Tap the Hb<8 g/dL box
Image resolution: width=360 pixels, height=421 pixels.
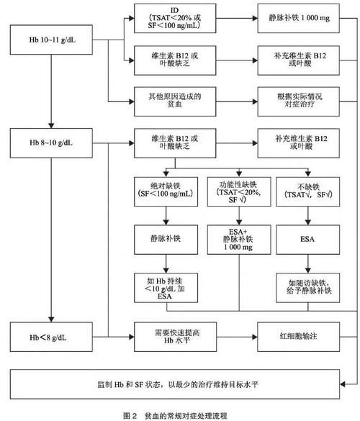point(50,336)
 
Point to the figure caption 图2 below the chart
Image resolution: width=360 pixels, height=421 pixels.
point(180,413)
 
